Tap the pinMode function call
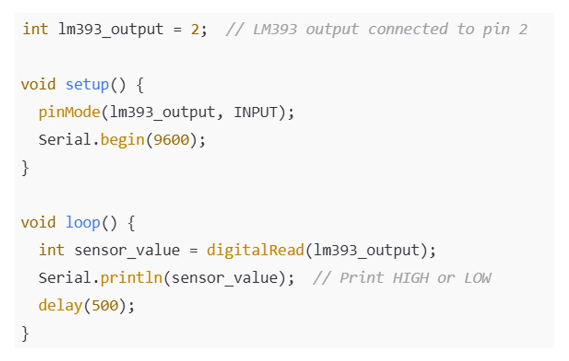click(69, 112)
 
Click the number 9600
click(171, 140)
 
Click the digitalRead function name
click(255, 250)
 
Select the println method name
click(131, 278)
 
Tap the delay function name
click(60, 305)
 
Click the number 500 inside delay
click(104, 305)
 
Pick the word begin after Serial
click(122, 140)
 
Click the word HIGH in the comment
click(410, 278)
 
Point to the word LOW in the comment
click(477, 278)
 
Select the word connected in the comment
click(407, 29)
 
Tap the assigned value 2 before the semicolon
click(195, 29)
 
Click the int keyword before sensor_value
click(51, 250)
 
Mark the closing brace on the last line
click(25, 333)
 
